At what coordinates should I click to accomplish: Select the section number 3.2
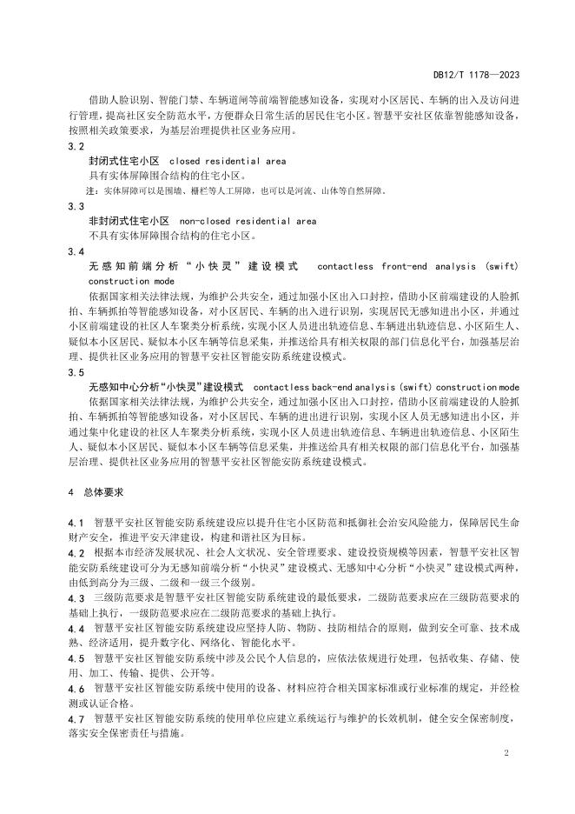click(x=76, y=146)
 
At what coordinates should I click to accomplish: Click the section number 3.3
click(x=76, y=206)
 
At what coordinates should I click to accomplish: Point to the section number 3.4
click(x=76, y=251)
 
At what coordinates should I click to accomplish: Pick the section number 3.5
click(x=76, y=371)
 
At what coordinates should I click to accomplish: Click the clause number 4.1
click(x=76, y=522)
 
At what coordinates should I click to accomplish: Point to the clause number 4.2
click(x=76, y=552)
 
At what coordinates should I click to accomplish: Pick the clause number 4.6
click(x=76, y=688)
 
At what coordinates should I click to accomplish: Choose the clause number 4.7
click(x=76, y=718)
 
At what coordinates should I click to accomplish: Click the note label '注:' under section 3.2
click(x=89, y=190)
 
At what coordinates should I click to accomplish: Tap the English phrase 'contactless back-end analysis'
click(x=343, y=386)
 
